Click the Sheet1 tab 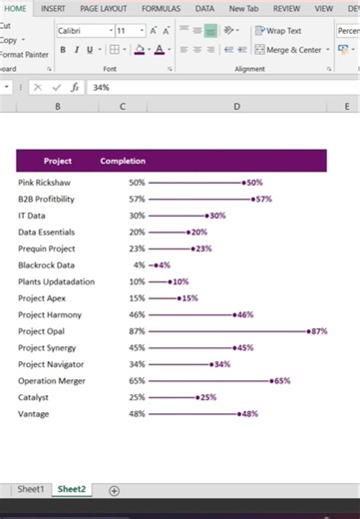click(x=31, y=489)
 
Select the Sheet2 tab click(x=71, y=489)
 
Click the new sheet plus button click(x=114, y=490)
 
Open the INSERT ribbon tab click(x=53, y=8)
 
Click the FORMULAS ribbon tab click(x=161, y=8)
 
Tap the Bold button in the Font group click(x=63, y=49)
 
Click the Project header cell click(x=58, y=161)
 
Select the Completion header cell click(x=123, y=161)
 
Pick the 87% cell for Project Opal click(x=137, y=330)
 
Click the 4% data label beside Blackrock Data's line click(x=164, y=265)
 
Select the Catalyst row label click(x=34, y=397)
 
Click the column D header click(x=236, y=106)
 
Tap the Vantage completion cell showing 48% click(x=137, y=413)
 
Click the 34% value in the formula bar click(x=101, y=88)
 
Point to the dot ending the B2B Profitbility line click(x=253, y=200)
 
